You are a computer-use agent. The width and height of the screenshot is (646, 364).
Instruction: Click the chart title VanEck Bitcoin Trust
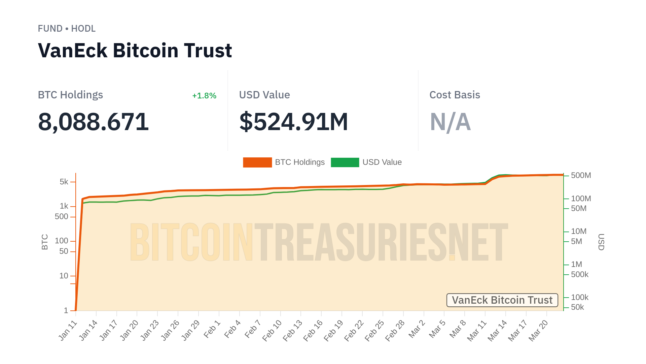point(135,51)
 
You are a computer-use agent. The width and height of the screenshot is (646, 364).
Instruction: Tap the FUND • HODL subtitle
point(67,29)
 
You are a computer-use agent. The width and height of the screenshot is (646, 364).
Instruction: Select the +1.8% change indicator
point(204,96)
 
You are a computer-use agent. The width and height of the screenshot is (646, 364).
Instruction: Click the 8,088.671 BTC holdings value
point(93,122)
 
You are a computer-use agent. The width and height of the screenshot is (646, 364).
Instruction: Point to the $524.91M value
point(293,122)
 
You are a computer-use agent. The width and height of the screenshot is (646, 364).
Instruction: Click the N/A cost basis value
point(450,122)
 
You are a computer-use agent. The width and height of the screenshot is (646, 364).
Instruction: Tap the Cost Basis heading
point(455,95)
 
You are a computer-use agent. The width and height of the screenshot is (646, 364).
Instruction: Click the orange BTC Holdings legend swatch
point(257,162)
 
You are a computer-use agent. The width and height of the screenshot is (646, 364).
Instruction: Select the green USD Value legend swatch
point(345,162)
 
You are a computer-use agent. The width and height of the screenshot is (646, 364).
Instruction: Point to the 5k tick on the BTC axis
point(64,182)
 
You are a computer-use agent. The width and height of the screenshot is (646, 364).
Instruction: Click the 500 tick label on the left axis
point(61,217)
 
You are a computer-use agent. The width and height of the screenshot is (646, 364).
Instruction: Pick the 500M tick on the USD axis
point(581,176)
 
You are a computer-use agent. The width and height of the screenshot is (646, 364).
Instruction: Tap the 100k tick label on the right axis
point(579,298)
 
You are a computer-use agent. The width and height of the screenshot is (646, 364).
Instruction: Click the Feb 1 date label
point(212,329)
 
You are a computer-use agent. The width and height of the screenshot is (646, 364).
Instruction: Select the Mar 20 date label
point(538,331)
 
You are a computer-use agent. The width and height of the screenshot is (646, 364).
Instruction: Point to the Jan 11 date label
point(68,331)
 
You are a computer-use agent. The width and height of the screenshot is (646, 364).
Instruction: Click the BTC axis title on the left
point(45,242)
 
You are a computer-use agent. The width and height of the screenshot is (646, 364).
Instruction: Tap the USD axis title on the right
point(601,242)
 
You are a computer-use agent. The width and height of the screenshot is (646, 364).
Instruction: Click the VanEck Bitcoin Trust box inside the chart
point(502,300)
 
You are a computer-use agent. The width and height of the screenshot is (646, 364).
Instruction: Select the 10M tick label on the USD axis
point(578,232)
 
